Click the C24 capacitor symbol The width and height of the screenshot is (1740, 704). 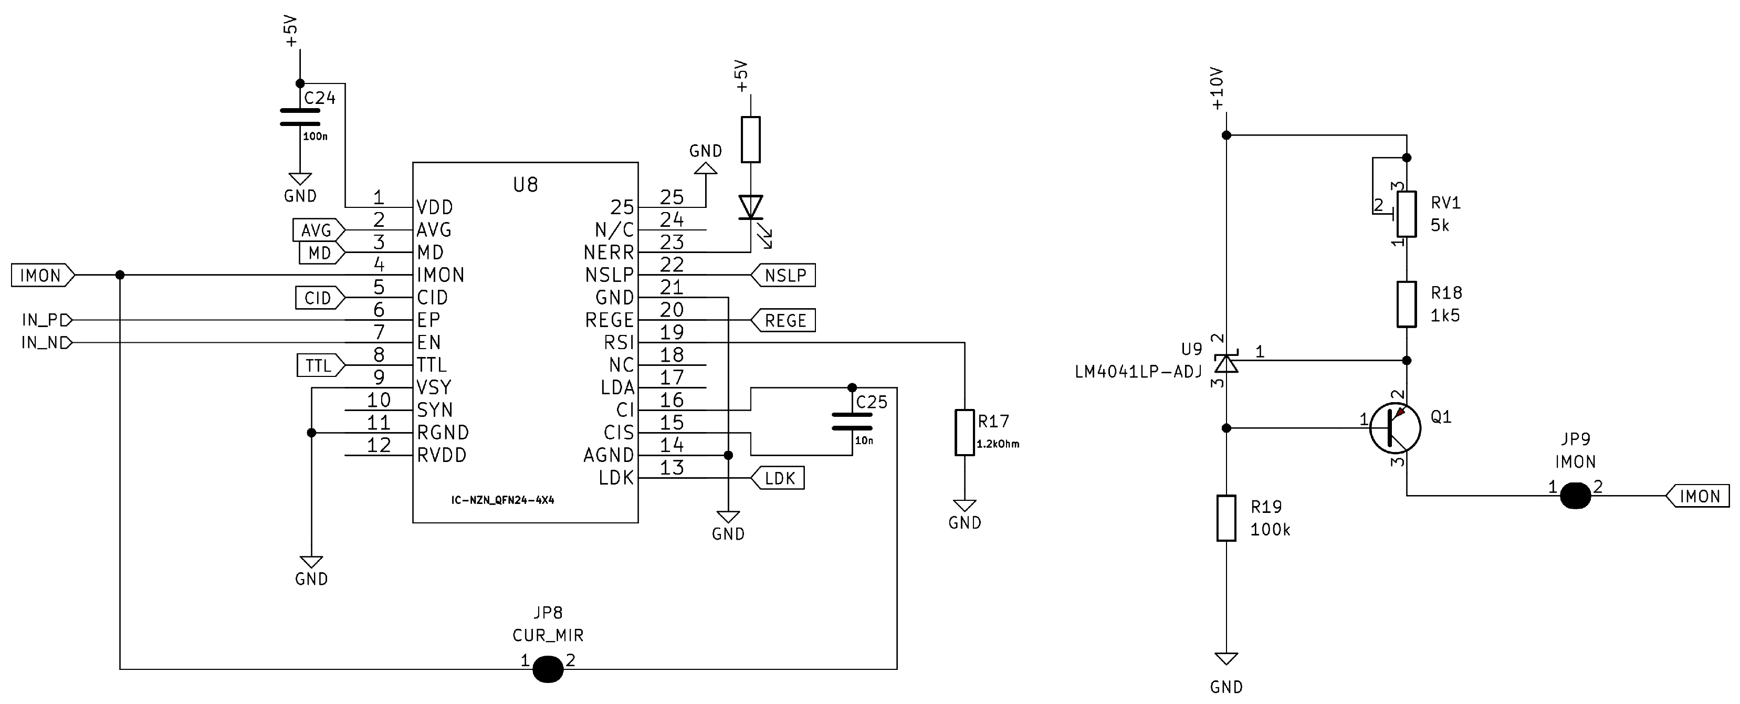point(300,117)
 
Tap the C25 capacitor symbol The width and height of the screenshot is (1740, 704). point(852,422)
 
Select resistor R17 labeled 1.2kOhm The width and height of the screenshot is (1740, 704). point(965,433)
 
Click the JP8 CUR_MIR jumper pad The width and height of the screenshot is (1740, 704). point(548,669)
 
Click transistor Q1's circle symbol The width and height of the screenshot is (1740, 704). point(1395,428)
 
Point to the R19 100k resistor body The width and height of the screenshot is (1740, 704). point(1226,518)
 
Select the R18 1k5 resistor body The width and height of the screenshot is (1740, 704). point(1406,304)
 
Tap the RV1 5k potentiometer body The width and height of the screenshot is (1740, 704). point(1406,214)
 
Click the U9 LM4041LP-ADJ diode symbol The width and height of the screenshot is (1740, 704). point(1226,363)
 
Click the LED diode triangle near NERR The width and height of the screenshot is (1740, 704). point(750,207)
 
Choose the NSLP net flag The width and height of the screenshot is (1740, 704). point(783,275)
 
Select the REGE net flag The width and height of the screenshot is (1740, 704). point(783,320)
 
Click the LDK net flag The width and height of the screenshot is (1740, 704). point(778,478)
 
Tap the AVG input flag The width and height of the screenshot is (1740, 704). point(318,230)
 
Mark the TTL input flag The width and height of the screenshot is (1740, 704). point(320,365)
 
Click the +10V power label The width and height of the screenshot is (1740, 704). point(1217,89)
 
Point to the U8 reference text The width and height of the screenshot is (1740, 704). point(526,184)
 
